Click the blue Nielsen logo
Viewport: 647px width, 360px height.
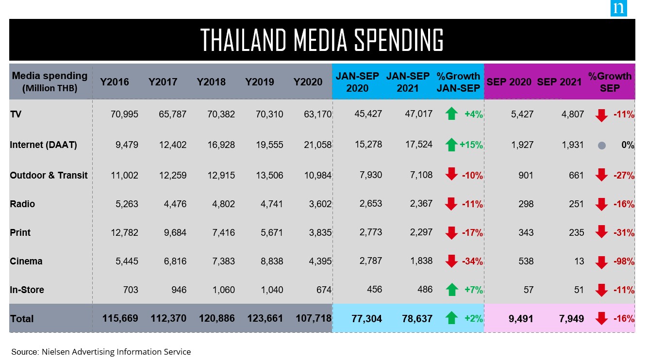click(618, 8)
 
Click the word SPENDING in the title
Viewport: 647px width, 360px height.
click(398, 40)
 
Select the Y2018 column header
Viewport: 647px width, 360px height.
click(211, 82)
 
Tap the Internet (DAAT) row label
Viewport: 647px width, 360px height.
click(43, 145)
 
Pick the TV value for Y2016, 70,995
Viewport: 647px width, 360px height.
click(124, 115)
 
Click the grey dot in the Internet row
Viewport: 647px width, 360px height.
click(602, 146)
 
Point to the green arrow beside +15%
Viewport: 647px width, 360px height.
click(451, 145)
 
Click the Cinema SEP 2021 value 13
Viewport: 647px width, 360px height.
click(579, 262)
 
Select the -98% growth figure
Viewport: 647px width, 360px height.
click(624, 262)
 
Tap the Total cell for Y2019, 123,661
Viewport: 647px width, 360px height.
click(265, 318)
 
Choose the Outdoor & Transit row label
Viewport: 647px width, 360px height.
click(49, 175)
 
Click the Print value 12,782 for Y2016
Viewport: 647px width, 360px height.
click(124, 233)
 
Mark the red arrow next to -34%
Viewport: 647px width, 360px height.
click(451, 261)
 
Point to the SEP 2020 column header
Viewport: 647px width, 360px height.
click(509, 82)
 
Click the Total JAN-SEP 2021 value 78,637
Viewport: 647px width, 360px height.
click(417, 319)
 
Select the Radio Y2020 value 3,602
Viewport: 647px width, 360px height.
click(320, 204)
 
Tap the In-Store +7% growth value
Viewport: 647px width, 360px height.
click(474, 290)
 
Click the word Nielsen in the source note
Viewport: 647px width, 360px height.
click(55, 352)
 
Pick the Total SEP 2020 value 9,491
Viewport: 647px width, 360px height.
click(521, 319)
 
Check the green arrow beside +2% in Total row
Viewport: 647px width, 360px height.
click(451, 318)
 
